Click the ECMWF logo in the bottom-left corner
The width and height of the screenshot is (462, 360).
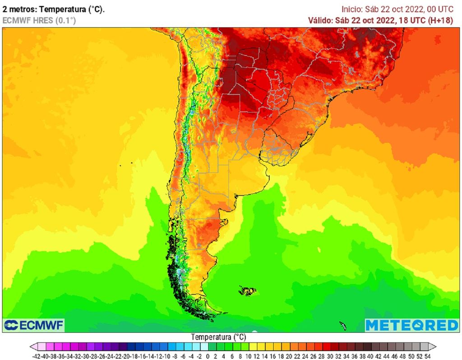34,325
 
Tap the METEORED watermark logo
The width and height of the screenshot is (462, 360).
411,325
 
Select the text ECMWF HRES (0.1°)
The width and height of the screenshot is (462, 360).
39,20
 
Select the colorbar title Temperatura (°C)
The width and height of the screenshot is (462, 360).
218,337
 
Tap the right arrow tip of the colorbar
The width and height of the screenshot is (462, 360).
435,346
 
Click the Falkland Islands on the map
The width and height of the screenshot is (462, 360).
247,291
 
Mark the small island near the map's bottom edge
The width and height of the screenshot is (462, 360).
342,325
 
